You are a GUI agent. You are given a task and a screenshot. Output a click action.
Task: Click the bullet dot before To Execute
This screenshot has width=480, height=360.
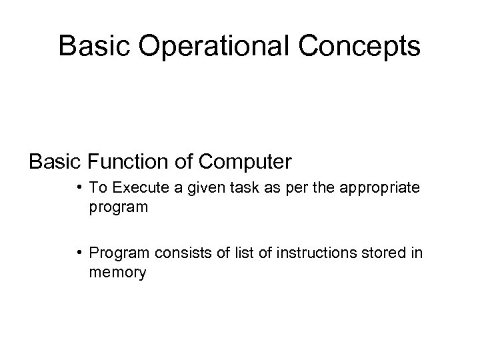pos(79,189)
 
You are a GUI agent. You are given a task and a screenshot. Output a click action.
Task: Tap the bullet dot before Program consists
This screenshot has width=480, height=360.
pos(79,253)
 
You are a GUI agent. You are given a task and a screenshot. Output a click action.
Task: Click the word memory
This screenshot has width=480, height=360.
pos(117,273)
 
